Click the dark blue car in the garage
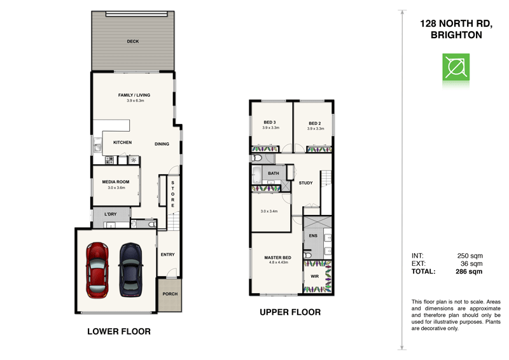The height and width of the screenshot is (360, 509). click(x=131, y=269)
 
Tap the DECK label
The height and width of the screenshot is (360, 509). click(x=132, y=41)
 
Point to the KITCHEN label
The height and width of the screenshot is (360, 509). click(x=122, y=142)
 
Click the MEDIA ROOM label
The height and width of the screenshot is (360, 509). click(x=116, y=182)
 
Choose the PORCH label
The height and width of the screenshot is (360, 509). click(x=169, y=294)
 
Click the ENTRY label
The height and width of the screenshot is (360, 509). click(x=167, y=255)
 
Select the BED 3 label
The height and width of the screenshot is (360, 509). click(x=269, y=123)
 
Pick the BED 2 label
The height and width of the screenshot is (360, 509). click(x=314, y=123)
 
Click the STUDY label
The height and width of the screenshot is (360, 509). click(x=305, y=183)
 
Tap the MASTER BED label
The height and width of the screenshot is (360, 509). click(x=277, y=257)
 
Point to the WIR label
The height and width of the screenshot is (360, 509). click(x=314, y=277)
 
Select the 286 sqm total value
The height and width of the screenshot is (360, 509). click(x=470, y=271)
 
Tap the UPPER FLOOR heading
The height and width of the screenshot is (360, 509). click(x=289, y=312)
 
